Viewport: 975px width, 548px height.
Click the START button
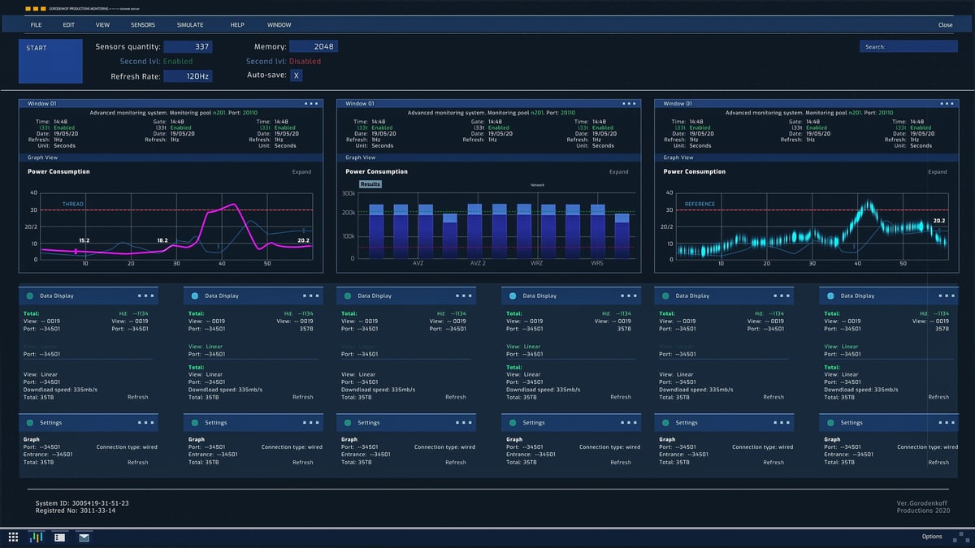50,61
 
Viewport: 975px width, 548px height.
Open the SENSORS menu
143,25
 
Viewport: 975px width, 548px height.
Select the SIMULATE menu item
190,25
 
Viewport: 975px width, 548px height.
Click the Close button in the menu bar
945,25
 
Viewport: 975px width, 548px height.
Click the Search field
908,47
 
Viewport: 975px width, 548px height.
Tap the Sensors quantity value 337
188,47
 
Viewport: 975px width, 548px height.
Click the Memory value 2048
313,47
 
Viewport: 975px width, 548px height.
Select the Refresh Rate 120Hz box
188,76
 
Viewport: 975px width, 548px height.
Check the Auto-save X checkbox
297,76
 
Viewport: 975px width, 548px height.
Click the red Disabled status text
305,62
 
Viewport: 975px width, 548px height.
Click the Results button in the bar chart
370,184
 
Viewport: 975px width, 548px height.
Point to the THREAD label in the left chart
73,204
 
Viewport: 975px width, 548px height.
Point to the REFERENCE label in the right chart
700,204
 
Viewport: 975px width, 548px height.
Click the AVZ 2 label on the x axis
478,264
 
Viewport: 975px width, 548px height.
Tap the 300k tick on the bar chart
348,193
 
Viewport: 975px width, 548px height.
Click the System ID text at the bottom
82,503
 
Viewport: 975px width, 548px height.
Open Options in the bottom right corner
932,537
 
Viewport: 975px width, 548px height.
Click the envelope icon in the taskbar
84,537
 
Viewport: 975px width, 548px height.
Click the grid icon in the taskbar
13,537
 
